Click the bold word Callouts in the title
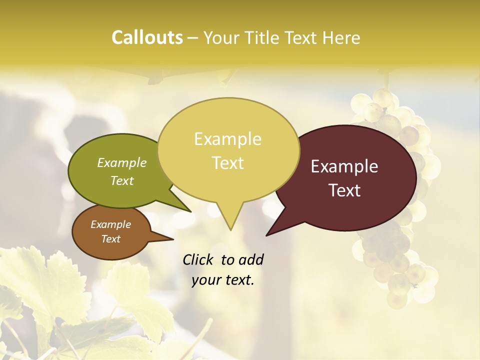[x=147, y=37]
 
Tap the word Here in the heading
[x=341, y=37]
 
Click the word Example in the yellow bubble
[x=227, y=139]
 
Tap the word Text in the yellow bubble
[x=227, y=163]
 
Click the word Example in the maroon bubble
[x=344, y=166]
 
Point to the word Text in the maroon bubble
[x=344, y=190]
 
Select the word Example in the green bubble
[x=122, y=162]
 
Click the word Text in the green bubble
[x=122, y=180]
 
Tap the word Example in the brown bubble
[x=110, y=224]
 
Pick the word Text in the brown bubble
[x=110, y=239]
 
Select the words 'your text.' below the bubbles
[x=223, y=280]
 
